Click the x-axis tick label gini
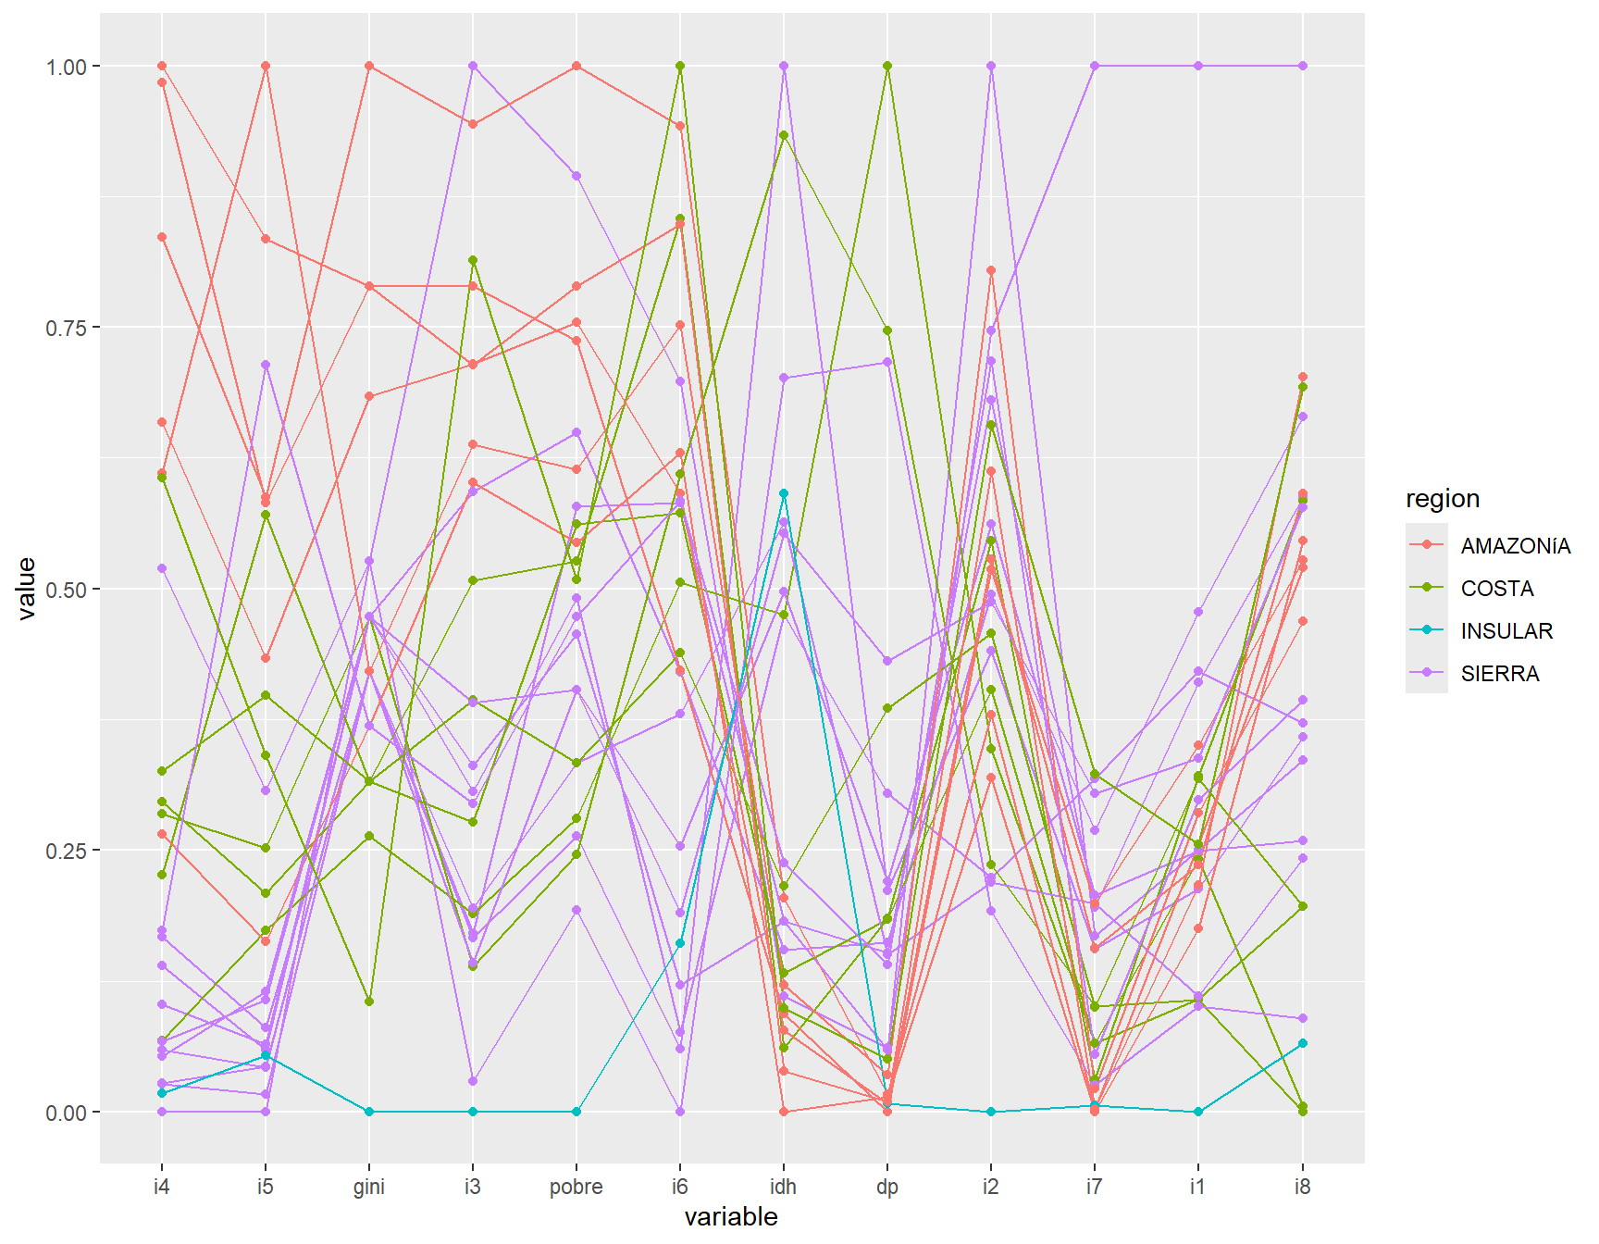point(368,1187)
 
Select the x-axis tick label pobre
point(576,1187)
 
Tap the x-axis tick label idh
point(783,1187)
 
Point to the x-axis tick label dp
point(886,1187)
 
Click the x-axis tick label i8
point(1302,1187)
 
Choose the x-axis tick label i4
point(162,1187)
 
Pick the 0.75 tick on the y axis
point(66,329)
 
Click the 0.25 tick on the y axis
point(66,851)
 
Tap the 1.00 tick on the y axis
point(66,67)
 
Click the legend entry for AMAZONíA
point(1515,546)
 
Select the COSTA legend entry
point(1496,589)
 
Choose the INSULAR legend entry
point(1506,631)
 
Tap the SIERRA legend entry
point(1499,674)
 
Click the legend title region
point(1442,499)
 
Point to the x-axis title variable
point(731,1216)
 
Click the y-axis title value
point(27,588)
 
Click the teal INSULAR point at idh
point(784,493)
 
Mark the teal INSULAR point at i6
point(680,943)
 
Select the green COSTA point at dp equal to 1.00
point(887,66)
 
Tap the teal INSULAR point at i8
point(1302,1043)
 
